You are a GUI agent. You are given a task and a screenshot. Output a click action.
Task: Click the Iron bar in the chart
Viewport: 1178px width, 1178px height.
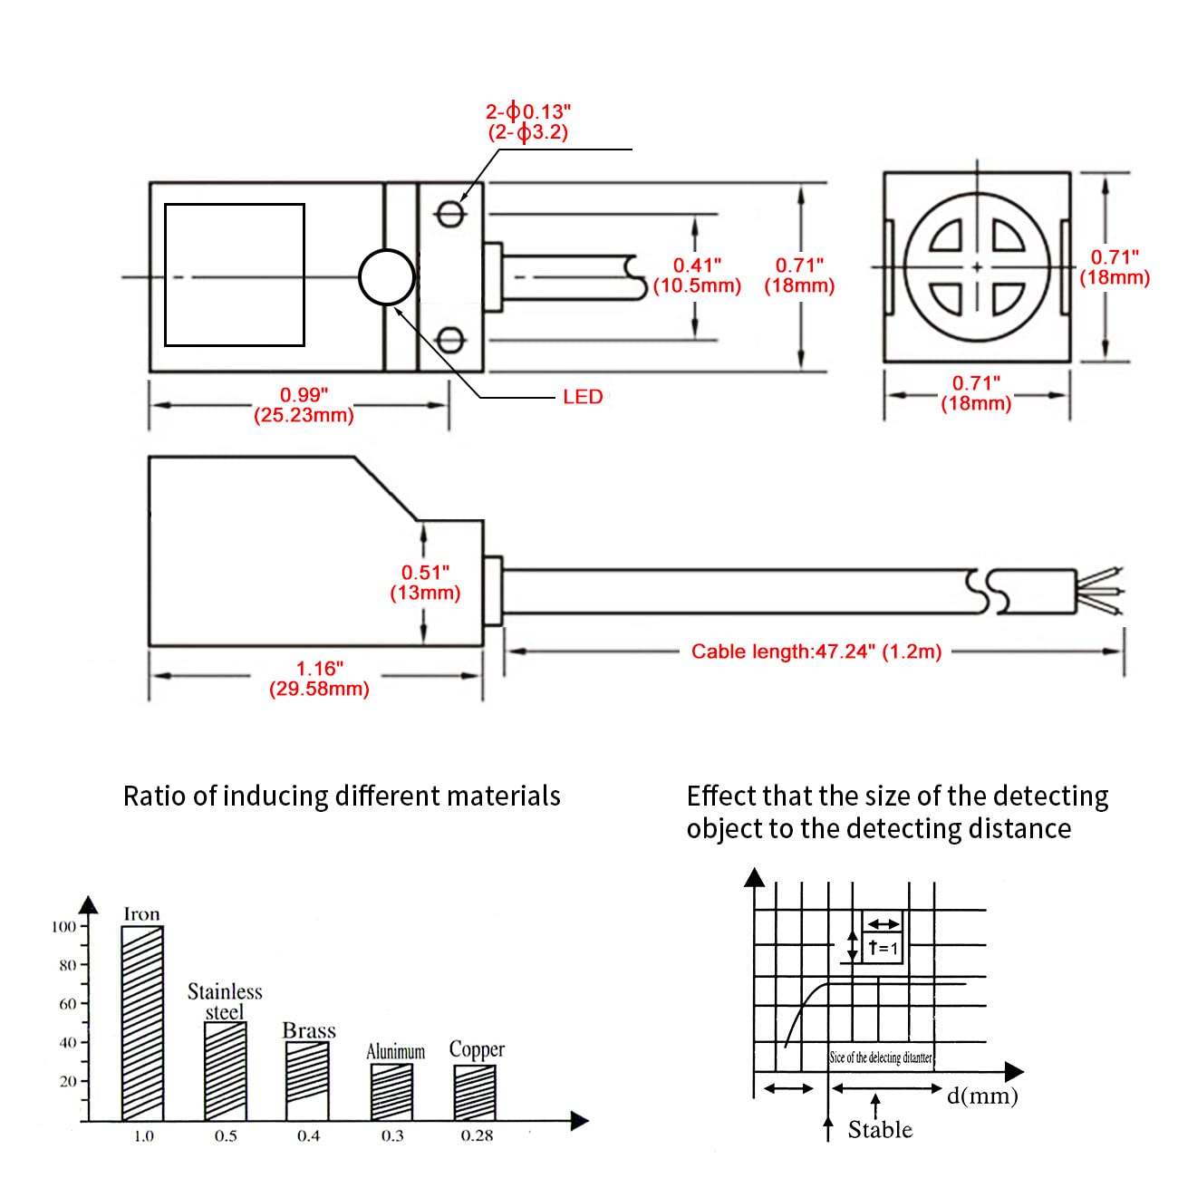(142, 1024)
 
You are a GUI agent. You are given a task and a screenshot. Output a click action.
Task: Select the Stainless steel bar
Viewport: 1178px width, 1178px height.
(226, 1071)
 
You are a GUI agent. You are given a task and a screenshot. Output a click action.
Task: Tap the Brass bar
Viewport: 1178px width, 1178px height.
(307, 1081)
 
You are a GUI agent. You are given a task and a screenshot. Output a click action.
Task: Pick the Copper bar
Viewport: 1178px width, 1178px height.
(475, 1093)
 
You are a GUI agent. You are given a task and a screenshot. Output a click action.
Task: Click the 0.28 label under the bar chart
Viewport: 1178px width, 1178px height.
(477, 1135)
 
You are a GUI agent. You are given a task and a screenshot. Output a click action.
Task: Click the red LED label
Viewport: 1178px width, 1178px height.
(583, 397)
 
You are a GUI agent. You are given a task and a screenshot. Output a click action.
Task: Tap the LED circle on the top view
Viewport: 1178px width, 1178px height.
(387, 276)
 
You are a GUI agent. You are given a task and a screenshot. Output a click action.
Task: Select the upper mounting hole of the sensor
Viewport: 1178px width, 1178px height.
(449, 214)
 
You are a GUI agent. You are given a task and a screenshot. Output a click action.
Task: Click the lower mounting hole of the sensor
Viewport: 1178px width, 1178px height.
(449, 340)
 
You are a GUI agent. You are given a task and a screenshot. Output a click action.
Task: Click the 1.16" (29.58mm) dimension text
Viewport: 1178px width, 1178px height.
(319, 679)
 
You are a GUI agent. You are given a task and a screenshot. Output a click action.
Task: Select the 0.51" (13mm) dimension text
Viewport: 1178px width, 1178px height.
(425, 583)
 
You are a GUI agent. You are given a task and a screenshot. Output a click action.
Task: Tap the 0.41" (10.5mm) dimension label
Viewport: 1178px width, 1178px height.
(697, 275)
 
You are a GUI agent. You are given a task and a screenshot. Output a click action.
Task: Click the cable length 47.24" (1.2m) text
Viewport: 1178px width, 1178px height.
(816, 652)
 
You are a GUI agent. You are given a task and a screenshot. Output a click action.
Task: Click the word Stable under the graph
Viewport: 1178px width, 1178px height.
(880, 1129)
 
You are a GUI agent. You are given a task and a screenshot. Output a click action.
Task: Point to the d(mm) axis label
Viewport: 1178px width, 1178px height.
(982, 1096)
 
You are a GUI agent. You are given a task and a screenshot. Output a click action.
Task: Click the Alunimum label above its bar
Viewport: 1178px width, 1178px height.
(395, 1051)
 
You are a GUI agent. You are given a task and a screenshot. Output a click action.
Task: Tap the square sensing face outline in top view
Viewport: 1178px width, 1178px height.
(235, 275)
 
